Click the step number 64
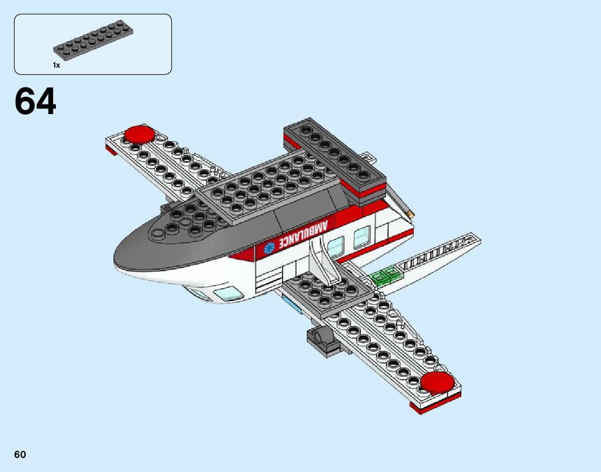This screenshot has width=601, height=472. pos(35,102)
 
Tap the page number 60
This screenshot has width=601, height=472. pos(20,454)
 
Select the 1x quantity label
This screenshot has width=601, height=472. pos(57,65)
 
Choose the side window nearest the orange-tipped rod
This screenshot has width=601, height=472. pos(362,236)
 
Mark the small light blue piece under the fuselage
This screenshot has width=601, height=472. pos(293,305)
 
